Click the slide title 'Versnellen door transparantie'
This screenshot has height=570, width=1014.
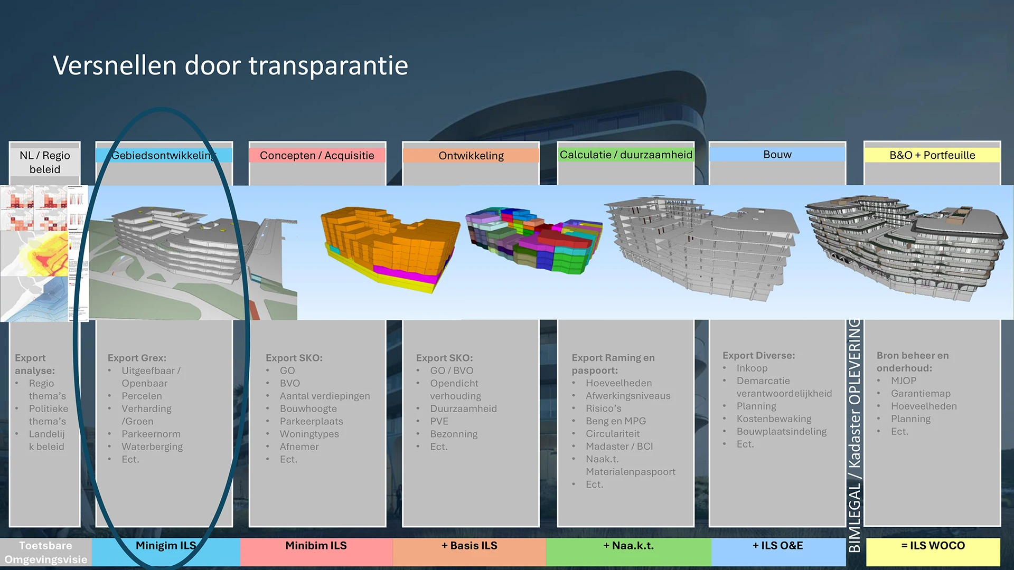230,66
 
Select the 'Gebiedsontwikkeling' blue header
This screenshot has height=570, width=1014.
164,155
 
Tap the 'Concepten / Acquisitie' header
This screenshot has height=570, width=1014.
317,155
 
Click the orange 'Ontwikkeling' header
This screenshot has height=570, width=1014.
471,155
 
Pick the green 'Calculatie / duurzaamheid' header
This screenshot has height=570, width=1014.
626,155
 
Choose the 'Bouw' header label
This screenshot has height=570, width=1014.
777,155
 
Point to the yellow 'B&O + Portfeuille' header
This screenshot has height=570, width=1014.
932,155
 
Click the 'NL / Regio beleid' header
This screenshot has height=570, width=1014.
45,162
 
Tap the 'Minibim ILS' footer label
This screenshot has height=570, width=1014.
316,546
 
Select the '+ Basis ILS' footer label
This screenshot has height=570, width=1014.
470,546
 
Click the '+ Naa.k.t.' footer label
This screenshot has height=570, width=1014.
628,546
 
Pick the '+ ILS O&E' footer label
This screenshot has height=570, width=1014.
777,546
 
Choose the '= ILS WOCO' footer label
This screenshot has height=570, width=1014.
933,546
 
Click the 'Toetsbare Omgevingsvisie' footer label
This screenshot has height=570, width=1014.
46,552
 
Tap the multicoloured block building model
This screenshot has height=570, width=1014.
533,240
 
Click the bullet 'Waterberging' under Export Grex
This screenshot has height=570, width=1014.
152,446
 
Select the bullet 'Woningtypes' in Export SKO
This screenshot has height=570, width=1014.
309,434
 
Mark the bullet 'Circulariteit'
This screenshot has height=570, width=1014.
613,434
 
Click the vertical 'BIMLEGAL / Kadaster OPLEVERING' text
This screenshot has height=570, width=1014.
855,435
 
